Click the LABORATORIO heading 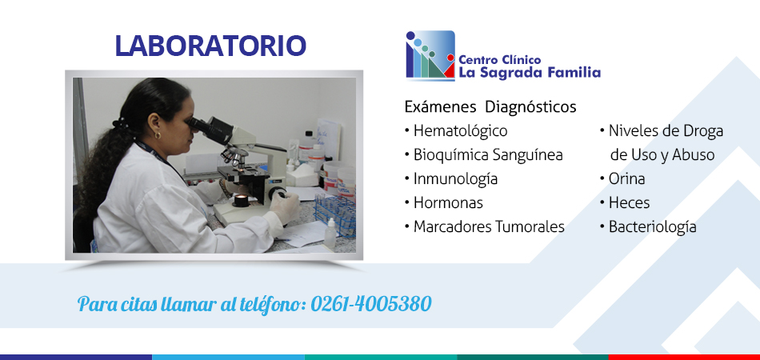[210, 46]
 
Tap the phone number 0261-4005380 [370, 304]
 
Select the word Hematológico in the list [461, 131]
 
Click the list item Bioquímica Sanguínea [488, 155]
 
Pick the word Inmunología [456, 178]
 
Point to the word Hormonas [448, 202]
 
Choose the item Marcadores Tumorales [489, 226]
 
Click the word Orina [626, 178]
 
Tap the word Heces [629, 202]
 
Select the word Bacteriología [652, 226]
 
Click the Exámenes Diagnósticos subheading [490, 106]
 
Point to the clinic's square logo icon [430, 54]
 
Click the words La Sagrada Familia [530, 73]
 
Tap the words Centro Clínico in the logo [500, 59]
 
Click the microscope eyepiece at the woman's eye [198, 125]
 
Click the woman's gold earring [158, 135]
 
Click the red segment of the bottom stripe [684, 357]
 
